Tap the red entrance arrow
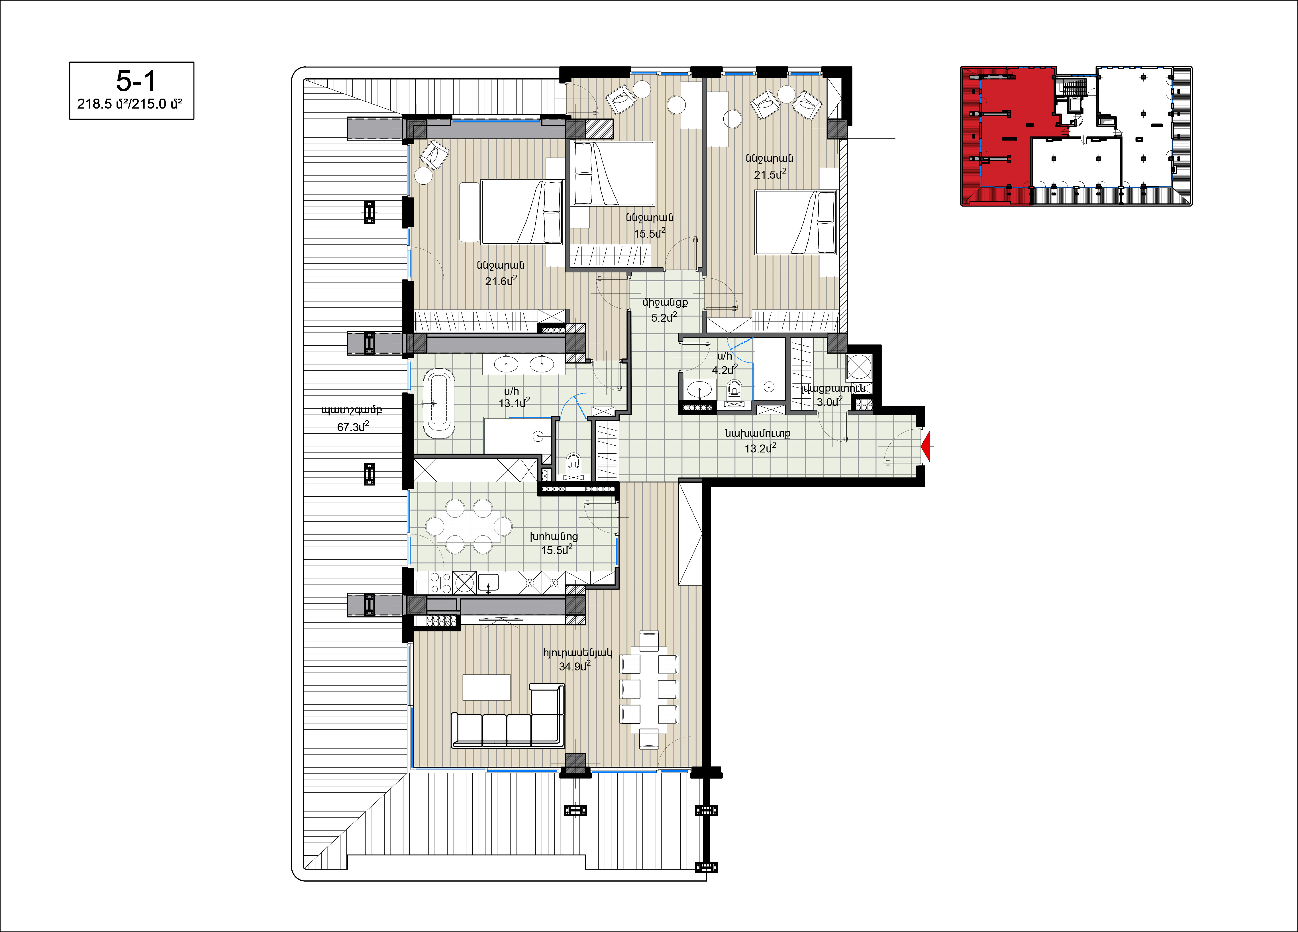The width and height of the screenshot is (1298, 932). (x=925, y=446)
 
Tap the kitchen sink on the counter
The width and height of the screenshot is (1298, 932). (x=488, y=583)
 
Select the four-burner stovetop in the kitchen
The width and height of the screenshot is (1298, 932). (x=440, y=583)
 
